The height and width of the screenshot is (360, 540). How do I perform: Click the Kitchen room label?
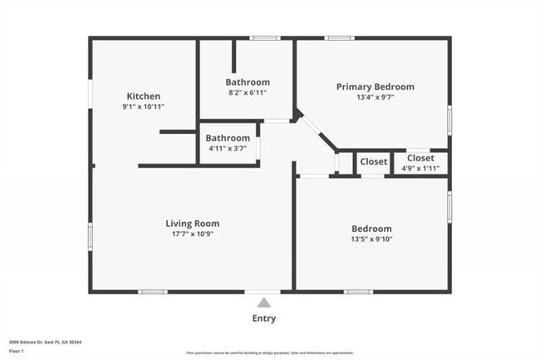coord(143,96)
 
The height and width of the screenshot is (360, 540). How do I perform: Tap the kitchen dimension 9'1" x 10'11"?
coord(143,107)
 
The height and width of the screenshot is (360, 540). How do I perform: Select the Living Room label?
coord(192,223)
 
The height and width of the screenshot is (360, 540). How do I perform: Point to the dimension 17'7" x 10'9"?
coord(192,234)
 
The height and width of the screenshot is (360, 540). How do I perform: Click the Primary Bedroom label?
coord(375,86)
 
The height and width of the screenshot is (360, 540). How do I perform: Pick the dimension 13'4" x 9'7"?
coord(375,97)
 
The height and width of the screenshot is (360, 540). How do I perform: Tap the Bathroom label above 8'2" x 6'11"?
coord(248,82)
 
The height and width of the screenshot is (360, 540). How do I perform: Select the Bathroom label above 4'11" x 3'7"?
coord(228,138)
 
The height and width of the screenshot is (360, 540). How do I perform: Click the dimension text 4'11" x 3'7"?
coord(228,149)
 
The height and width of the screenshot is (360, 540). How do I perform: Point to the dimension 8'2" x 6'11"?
coord(248,93)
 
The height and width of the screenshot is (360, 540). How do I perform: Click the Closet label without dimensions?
coord(373,162)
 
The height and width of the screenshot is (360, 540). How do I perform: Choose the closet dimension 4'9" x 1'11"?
coord(420,168)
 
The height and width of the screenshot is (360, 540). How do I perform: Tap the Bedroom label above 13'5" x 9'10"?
coord(371,229)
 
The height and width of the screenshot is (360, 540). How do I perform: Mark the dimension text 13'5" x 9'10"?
coord(371,240)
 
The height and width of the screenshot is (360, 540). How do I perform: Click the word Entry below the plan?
coord(263,318)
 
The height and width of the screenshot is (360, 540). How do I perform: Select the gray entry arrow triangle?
coord(263,303)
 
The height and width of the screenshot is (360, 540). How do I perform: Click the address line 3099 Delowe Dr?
coord(45,341)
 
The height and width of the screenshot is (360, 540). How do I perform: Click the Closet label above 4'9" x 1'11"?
coord(420,157)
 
